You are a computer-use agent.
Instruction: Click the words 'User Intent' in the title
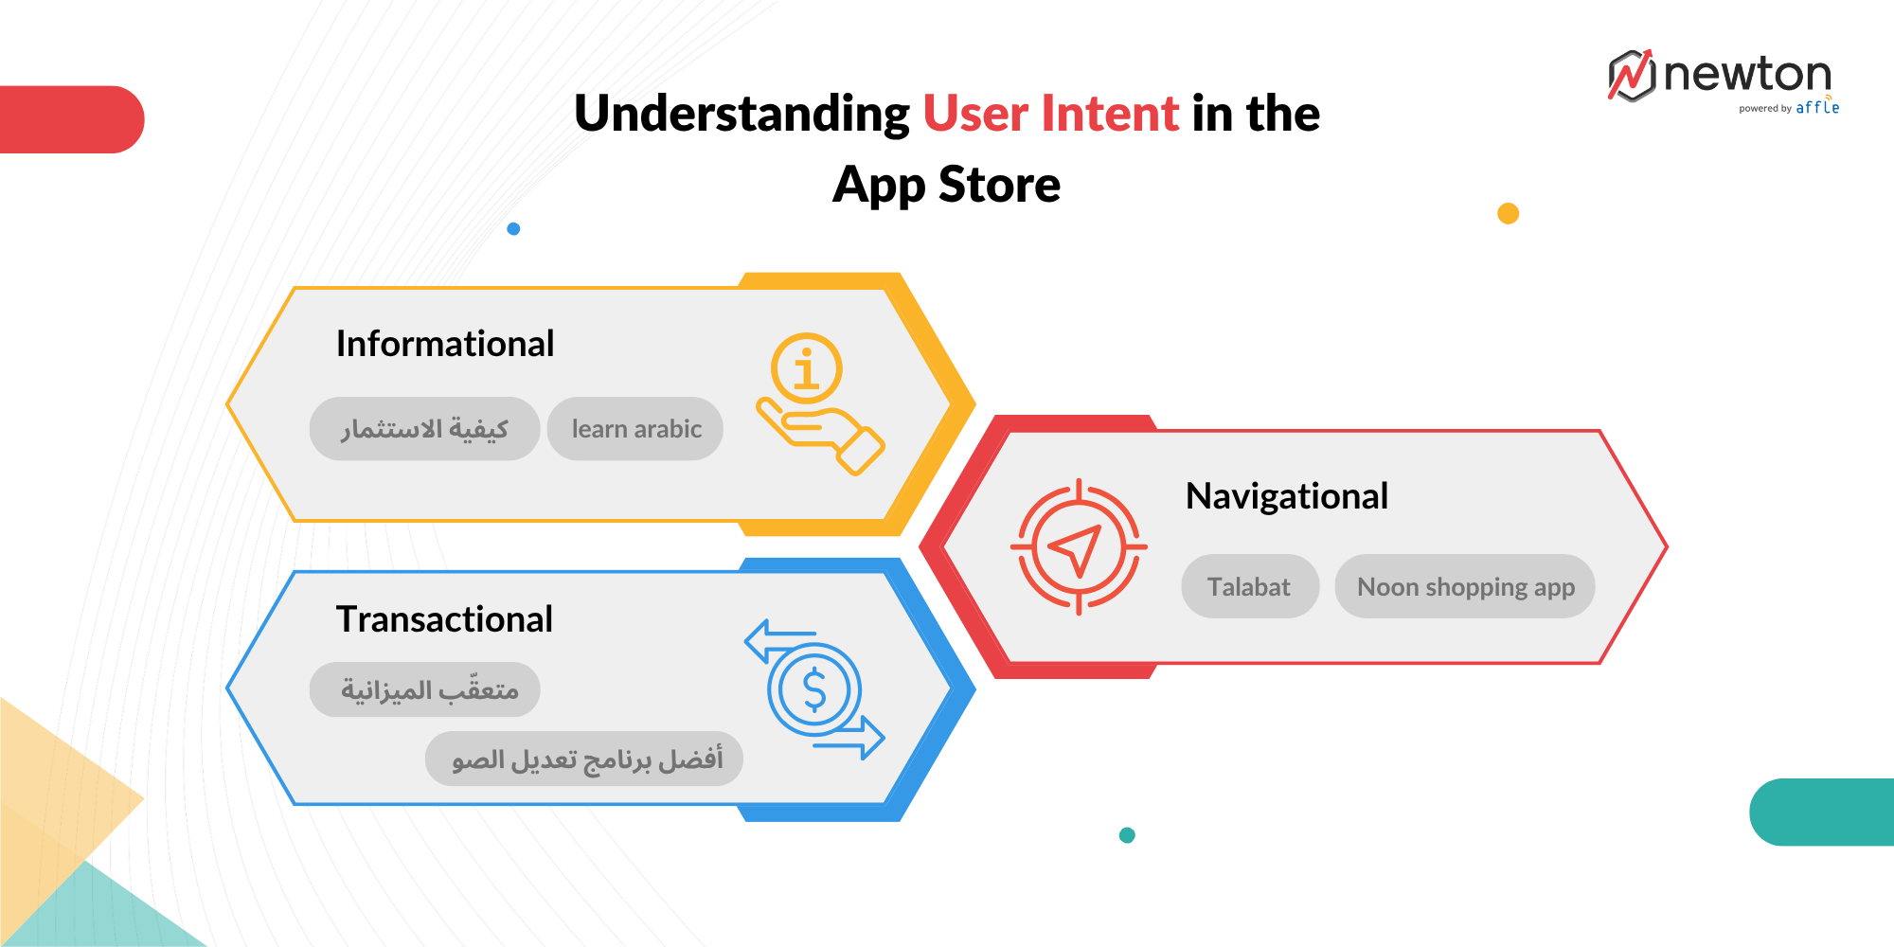[x=1051, y=114]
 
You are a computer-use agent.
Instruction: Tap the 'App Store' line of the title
[x=947, y=185]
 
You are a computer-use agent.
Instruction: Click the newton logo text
[x=1747, y=74]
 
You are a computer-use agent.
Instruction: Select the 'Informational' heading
[x=445, y=344]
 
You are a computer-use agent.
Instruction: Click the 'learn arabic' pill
[x=635, y=429]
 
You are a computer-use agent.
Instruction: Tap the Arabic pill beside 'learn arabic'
[x=424, y=429]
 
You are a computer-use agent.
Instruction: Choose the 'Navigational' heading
[x=1287, y=496]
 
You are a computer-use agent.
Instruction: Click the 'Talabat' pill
[x=1250, y=586]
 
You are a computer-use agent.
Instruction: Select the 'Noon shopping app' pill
[x=1465, y=586]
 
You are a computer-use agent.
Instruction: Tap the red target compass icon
[x=1079, y=547]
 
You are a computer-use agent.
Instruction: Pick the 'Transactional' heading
[x=444, y=619]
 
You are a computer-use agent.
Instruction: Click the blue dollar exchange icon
[x=814, y=689]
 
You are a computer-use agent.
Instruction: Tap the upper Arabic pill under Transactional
[x=425, y=689]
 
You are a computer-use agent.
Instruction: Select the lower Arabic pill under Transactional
[x=584, y=759]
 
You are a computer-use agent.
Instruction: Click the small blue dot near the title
[x=513, y=228]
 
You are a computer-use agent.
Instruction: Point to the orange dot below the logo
[x=1509, y=213]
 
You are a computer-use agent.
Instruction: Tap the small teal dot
[x=1127, y=835]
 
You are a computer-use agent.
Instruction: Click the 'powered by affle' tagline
[x=1789, y=108]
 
